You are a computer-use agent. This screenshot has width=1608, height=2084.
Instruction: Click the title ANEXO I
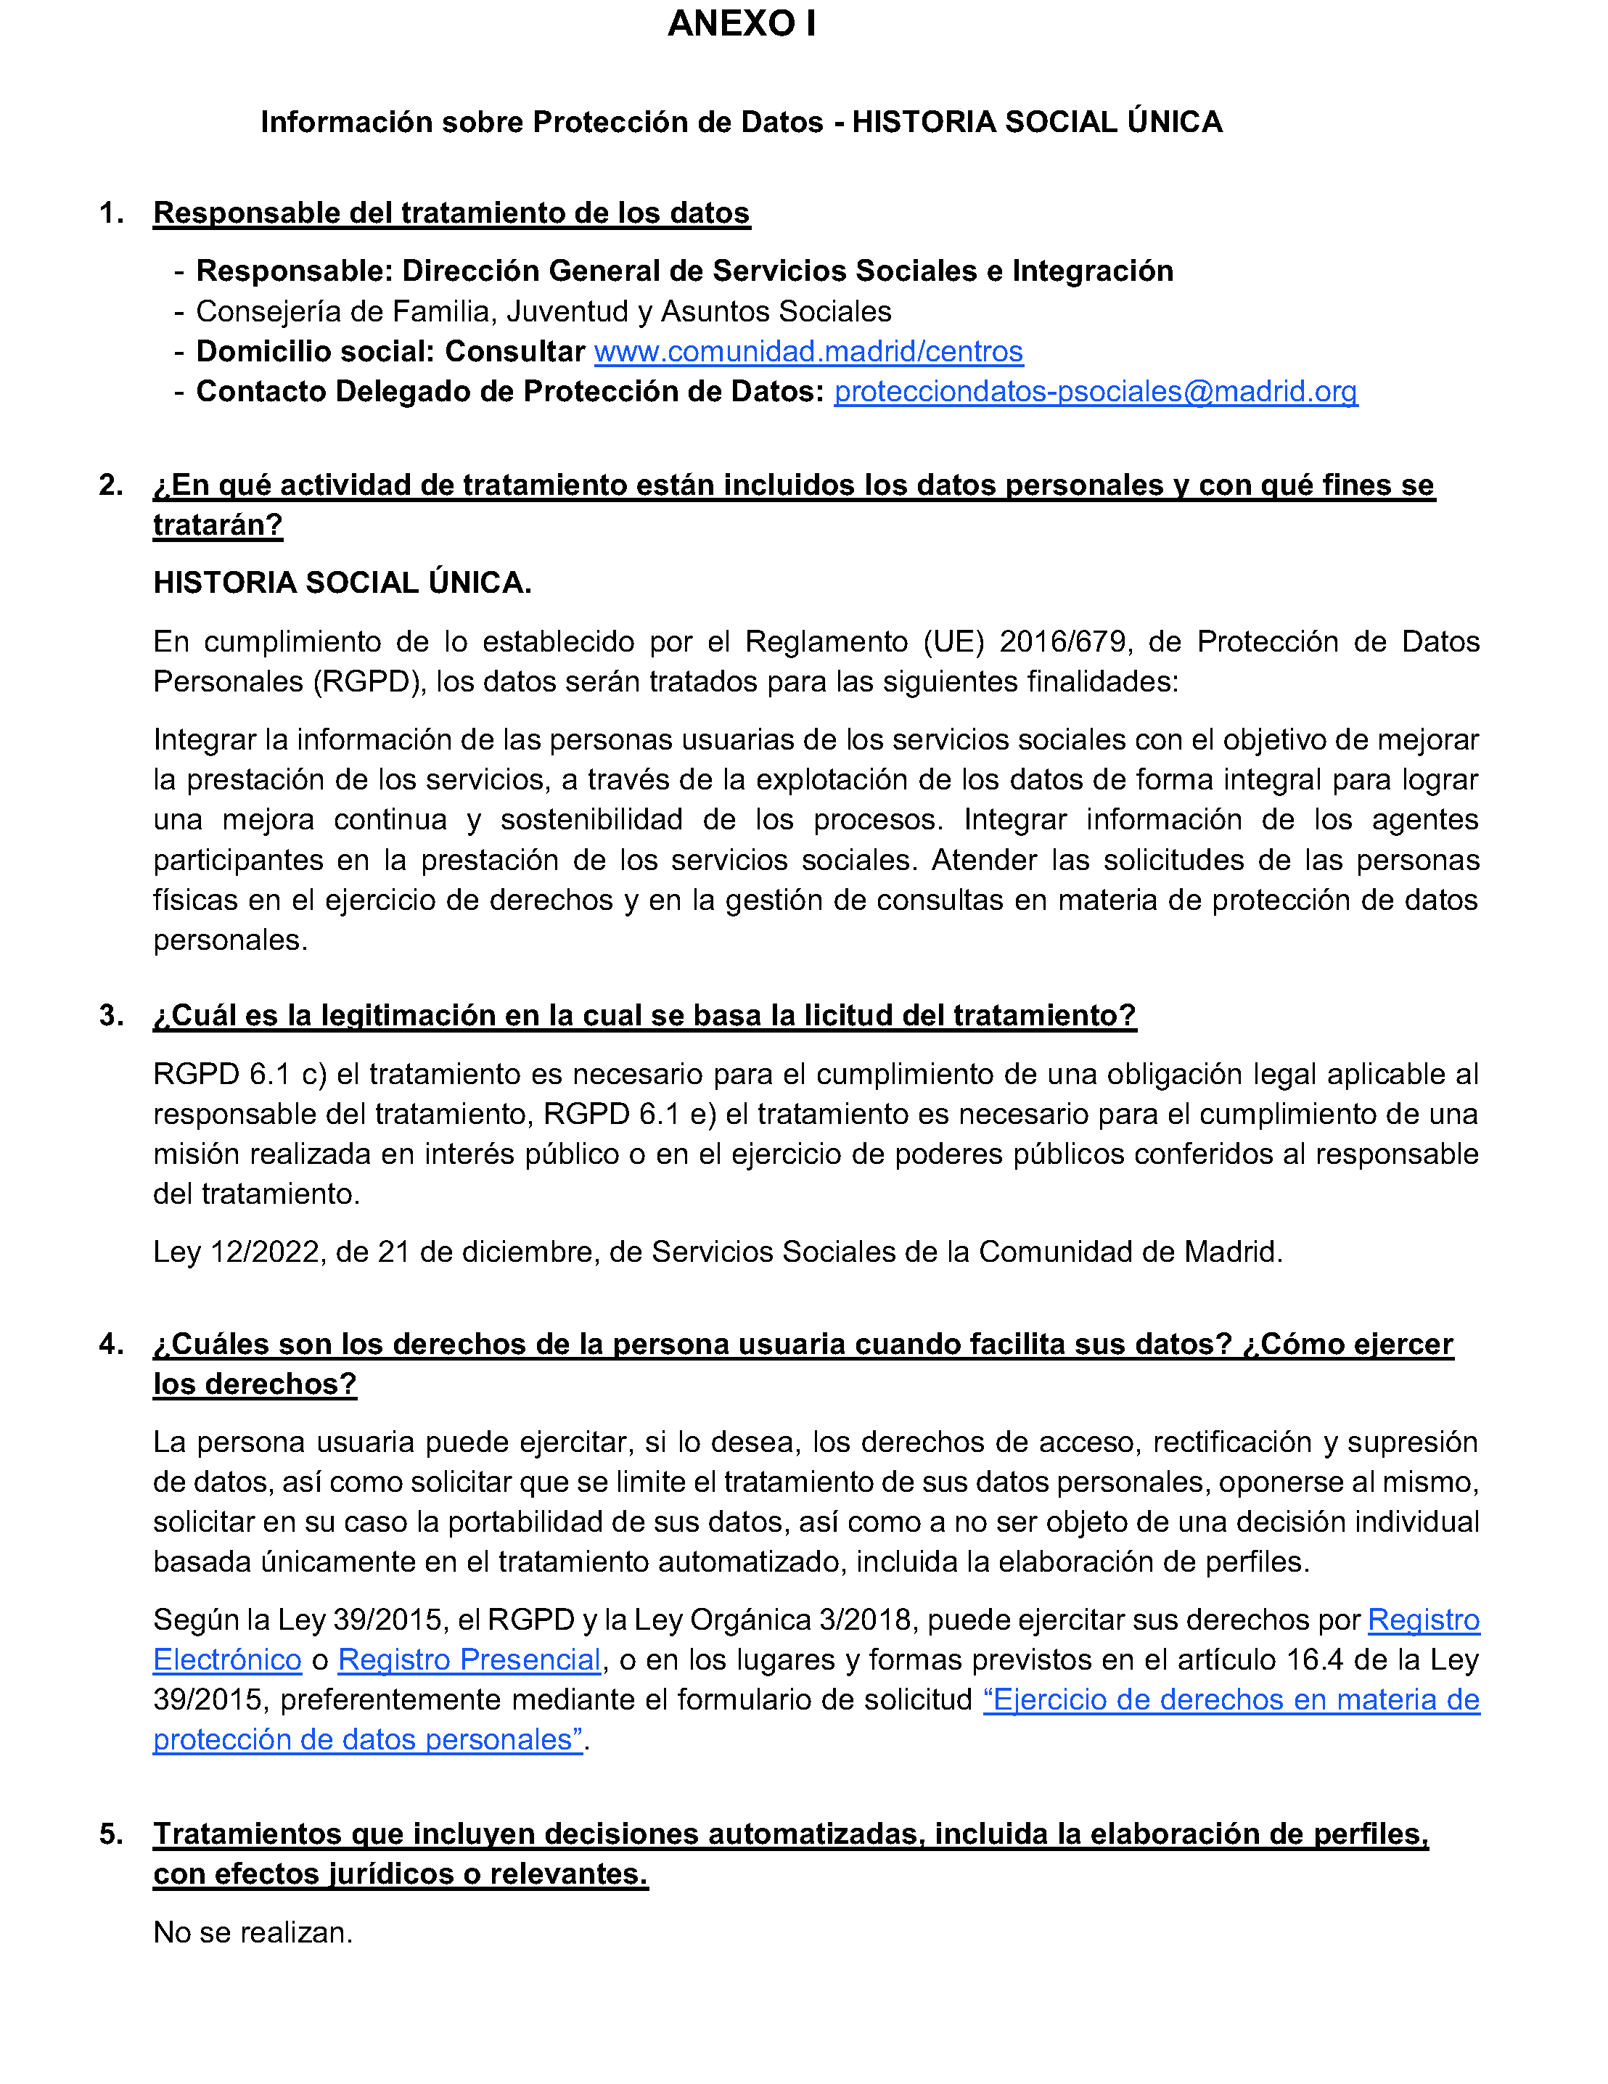click(742, 24)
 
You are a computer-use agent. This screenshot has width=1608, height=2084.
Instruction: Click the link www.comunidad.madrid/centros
click(808, 351)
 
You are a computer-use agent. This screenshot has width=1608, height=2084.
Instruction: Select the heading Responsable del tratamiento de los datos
click(451, 213)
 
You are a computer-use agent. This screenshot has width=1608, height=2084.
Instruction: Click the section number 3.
click(111, 1015)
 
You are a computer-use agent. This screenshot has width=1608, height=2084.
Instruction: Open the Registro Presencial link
click(469, 1660)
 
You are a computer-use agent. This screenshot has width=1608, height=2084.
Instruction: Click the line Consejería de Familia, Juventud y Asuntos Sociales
click(543, 311)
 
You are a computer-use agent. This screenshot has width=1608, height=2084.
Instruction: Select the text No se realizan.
click(253, 1932)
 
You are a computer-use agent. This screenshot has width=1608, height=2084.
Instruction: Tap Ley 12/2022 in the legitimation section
click(237, 1251)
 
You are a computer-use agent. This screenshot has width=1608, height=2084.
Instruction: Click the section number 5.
click(111, 1834)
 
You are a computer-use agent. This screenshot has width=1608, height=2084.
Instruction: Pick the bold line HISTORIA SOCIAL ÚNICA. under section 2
click(342, 582)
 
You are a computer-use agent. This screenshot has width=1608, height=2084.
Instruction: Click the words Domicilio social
click(312, 351)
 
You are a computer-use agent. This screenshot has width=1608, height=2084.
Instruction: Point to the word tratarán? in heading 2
click(218, 525)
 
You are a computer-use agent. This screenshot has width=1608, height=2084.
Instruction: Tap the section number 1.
click(111, 213)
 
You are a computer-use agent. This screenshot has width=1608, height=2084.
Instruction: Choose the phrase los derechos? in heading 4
click(255, 1384)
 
